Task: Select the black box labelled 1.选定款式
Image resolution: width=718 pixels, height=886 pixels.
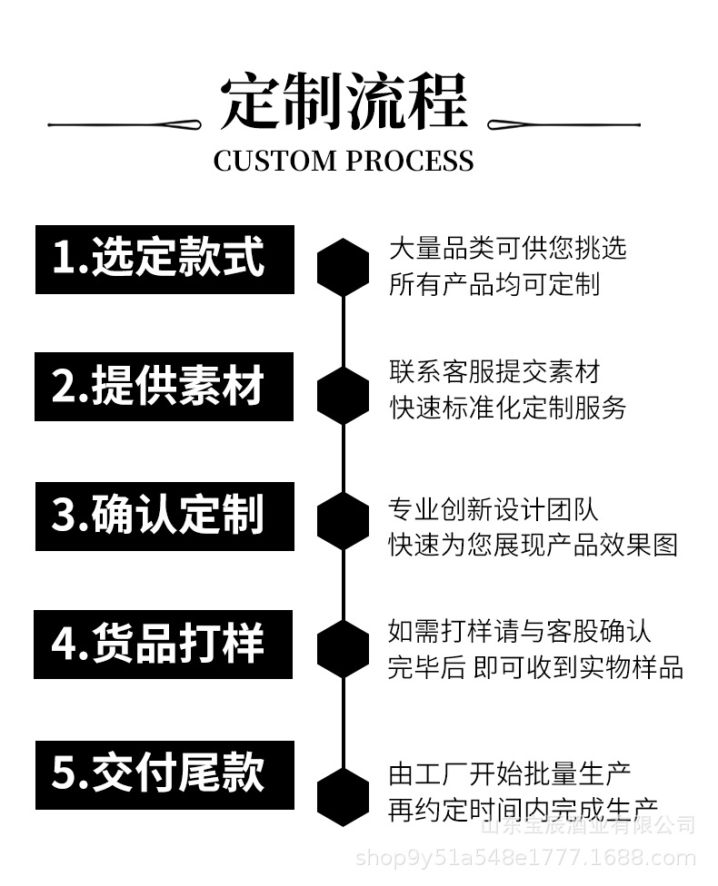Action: click(x=165, y=259)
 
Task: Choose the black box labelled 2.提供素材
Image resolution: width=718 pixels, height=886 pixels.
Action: click(x=165, y=387)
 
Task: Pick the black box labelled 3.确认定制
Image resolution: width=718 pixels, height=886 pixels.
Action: click(x=165, y=516)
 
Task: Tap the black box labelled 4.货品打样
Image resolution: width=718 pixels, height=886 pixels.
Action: click(x=164, y=644)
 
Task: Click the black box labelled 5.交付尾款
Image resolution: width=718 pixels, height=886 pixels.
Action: click(x=165, y=774)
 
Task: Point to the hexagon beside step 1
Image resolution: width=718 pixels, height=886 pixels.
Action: click(x=343, y=267)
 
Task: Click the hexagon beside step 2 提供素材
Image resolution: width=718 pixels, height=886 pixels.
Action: click(x=343, y=396)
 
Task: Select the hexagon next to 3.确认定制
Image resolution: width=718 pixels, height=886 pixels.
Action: click(x=343, y=521)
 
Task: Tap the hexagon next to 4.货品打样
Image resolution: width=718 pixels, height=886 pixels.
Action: click(x=343, y=649)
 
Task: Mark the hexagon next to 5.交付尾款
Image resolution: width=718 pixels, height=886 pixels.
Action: click(x=343, y=796)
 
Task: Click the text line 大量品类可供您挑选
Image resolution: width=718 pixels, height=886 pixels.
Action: click(x=507, y=248)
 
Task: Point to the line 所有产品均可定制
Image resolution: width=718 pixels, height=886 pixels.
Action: click(x=494, y=284)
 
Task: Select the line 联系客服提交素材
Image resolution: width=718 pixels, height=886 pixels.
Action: click(x=494, y=371)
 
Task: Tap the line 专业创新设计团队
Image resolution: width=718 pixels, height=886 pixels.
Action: click(x=494, y=508)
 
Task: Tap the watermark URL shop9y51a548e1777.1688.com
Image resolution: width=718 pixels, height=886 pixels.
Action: click(x=525, y=858)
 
